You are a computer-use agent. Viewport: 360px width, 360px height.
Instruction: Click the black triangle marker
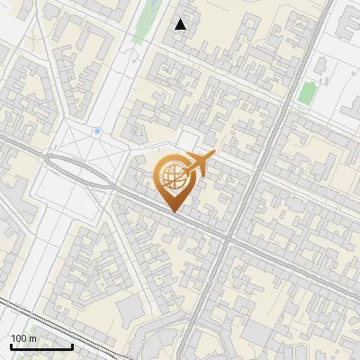click(x=181, y=24)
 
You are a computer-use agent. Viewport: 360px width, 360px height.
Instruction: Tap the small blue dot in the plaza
click(x=97, y=131)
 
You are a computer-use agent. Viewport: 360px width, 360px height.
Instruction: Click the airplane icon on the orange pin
click(x=199, y=163)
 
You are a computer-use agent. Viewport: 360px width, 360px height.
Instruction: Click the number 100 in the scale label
click(x=19, y=338)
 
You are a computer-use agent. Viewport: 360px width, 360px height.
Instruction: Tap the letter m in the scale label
click(x=32, y=338)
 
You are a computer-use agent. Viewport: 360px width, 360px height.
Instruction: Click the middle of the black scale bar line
click(x=40, y=347)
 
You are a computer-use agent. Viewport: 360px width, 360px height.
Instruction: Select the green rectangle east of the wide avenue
click(x=308, y=92)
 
